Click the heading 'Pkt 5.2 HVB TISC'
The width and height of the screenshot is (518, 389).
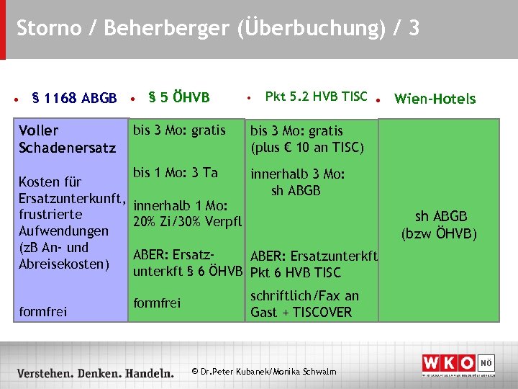tap(316, 96)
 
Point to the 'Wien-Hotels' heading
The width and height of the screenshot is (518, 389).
tap(435, 99)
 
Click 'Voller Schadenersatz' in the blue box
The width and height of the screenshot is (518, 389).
tap(67, 139)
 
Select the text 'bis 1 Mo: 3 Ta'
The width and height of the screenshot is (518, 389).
tap(176, 172)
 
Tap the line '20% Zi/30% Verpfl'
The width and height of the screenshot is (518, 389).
tap(188, 220)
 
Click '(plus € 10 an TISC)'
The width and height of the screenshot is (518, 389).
tap(307, 148)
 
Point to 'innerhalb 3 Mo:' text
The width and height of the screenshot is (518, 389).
tap(298, 174)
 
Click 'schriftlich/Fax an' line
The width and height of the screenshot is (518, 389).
tap(304, 295)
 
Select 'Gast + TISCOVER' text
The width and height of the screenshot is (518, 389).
tap(301, 312)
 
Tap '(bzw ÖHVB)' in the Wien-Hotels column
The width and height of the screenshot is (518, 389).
tap(441, 233)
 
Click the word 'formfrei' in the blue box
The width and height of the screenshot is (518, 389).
tap(43, 311)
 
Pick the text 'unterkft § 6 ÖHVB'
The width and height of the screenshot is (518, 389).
tap(188, 272)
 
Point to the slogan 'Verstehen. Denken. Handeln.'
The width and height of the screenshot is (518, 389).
tap(96, 373)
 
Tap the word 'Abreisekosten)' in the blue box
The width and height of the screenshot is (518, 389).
tap(64, 264)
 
